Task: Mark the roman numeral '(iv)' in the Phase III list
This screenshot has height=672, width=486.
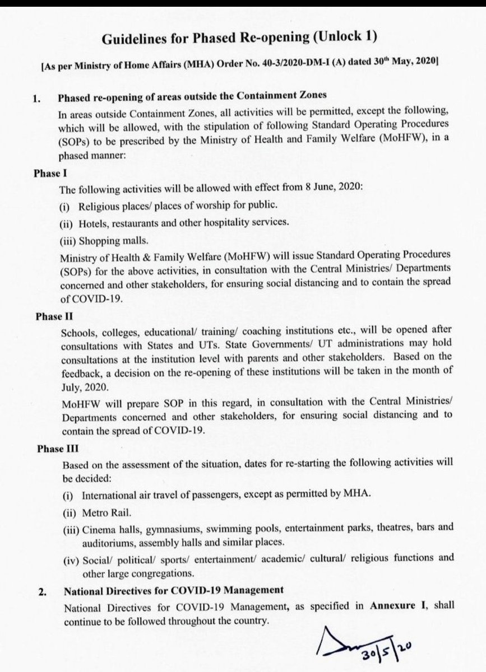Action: (68, 558)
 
